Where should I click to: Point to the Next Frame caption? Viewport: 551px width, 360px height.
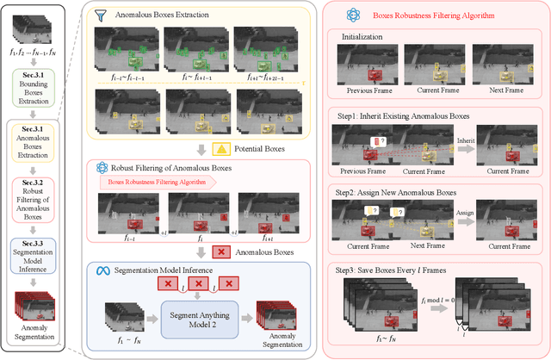click(x=491, y=89)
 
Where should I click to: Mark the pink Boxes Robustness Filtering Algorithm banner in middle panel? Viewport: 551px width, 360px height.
click(x=161, y=182)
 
